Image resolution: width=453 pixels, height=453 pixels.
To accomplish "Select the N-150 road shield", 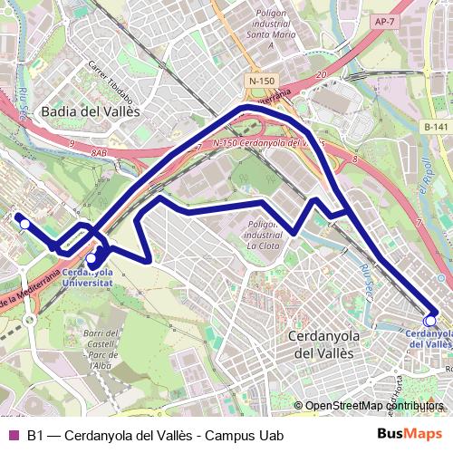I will click(261, 81).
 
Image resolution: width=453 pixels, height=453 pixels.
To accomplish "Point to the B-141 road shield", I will click(436, 128).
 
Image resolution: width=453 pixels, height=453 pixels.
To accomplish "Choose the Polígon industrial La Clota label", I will click(263, 233).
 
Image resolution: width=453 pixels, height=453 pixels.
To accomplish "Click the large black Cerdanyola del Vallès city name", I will click(324, 344).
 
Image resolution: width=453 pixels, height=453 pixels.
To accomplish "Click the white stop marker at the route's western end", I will click(26, 224).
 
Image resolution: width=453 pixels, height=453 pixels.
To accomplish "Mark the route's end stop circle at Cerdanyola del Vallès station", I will click(429, 319).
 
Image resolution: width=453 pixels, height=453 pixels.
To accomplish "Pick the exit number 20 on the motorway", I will click(322, 75).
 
